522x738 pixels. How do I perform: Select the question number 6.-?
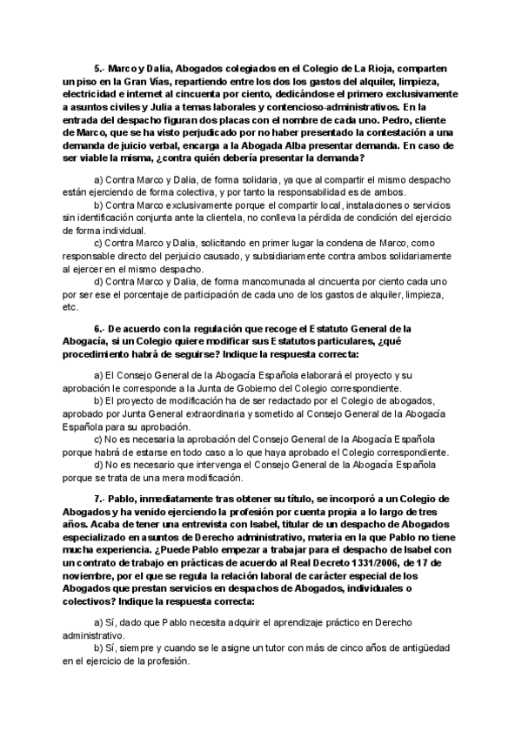(99, 328)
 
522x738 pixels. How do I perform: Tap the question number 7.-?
(99, 498)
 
